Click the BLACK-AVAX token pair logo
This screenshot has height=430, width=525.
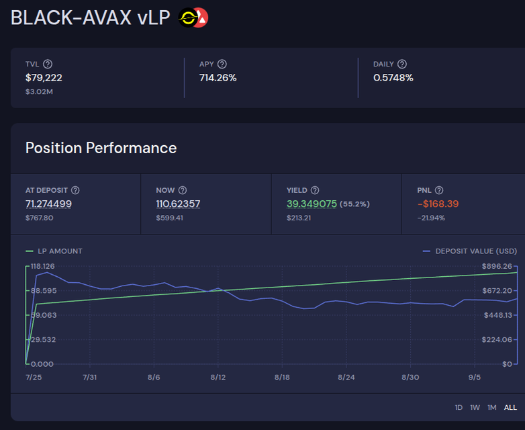(193, 18)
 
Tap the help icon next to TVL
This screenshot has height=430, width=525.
(48, 64)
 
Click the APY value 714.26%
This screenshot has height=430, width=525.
(218, 77)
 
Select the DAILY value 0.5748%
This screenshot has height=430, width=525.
(393, 77)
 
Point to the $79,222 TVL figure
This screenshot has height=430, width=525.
(44, 77)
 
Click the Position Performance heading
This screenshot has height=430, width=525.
(101, 148)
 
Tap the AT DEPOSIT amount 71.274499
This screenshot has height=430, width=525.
(48, 204)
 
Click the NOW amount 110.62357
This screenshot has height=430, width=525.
(178, 204)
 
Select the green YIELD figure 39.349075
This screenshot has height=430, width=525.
(312, 204)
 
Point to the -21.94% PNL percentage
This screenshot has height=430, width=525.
(431, 218)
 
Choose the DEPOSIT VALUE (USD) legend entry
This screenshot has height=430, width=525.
(470, 251)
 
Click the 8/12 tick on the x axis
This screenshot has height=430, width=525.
(218, 378)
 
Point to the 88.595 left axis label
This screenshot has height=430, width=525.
(43, 290)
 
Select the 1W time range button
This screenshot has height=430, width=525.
(475, 407)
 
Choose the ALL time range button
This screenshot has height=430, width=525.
(510, 407)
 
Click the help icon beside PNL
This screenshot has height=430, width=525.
(439, 190)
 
